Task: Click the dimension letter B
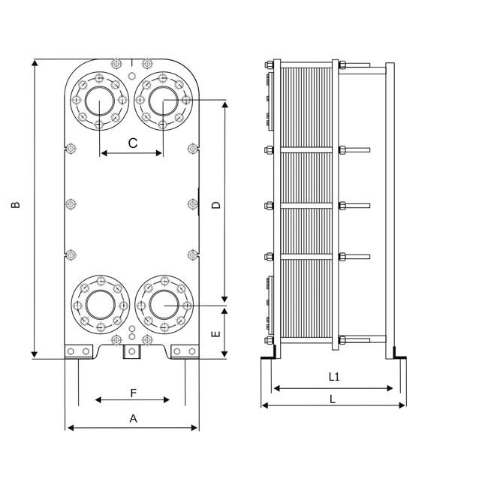[x=15, y=205]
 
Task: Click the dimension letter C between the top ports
[x=133, y=143]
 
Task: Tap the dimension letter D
[x=215, y=205]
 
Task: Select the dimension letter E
[x=215, y=334]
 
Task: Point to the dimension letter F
[x=134, y=393]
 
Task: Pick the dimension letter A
[x=133, y=419]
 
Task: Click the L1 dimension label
[x=334, y=377]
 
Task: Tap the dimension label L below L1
[x=333, y=399]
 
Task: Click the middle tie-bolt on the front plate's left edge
[x=71, y=204]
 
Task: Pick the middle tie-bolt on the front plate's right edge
[x=193, y=204]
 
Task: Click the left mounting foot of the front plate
[x=79, y=351]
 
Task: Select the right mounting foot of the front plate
[x=185, y=351]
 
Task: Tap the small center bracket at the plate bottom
[x=132, y=351]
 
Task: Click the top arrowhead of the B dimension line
[x=35, y=63]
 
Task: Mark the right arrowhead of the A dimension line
[x=194, y=428]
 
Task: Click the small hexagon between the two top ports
[x=131, y=76]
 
